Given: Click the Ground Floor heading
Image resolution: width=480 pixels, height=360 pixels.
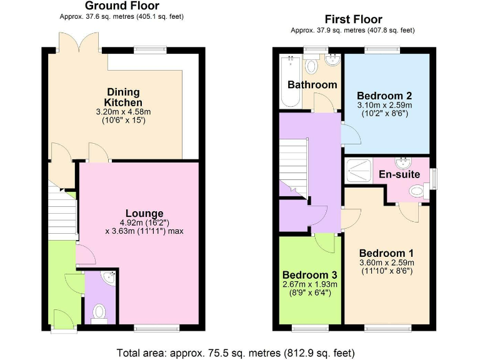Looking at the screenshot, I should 122,6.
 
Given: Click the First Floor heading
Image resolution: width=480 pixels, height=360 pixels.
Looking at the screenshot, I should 354,19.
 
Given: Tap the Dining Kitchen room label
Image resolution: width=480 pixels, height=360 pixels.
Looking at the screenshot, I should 123,97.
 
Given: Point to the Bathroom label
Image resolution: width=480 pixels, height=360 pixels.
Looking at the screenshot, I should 312,84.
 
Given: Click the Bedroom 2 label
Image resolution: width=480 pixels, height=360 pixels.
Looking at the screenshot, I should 384,96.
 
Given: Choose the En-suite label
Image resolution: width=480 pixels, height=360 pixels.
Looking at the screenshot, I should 399,174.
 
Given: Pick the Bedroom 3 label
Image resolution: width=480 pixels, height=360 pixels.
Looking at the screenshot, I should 309,275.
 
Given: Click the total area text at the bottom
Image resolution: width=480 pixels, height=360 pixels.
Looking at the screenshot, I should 240,351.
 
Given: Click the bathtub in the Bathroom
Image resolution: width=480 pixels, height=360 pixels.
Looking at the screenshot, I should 289,81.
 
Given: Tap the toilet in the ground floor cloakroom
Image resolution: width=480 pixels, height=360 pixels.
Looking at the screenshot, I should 99,312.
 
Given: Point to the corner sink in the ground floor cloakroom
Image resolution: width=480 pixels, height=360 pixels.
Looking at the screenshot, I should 109,277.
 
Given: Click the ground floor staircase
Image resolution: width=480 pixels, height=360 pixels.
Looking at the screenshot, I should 62,212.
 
